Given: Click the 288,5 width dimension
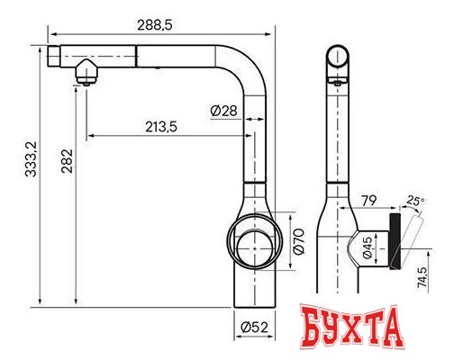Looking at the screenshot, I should tap(154, 26).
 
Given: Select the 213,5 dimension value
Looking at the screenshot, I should tap(159, 126).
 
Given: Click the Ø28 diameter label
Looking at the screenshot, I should tap(223, 110).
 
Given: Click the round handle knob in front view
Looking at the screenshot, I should tap(253, 242).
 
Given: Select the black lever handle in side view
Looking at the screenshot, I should tap(395, 242).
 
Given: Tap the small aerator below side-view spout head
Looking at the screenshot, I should tap(335, 81).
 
